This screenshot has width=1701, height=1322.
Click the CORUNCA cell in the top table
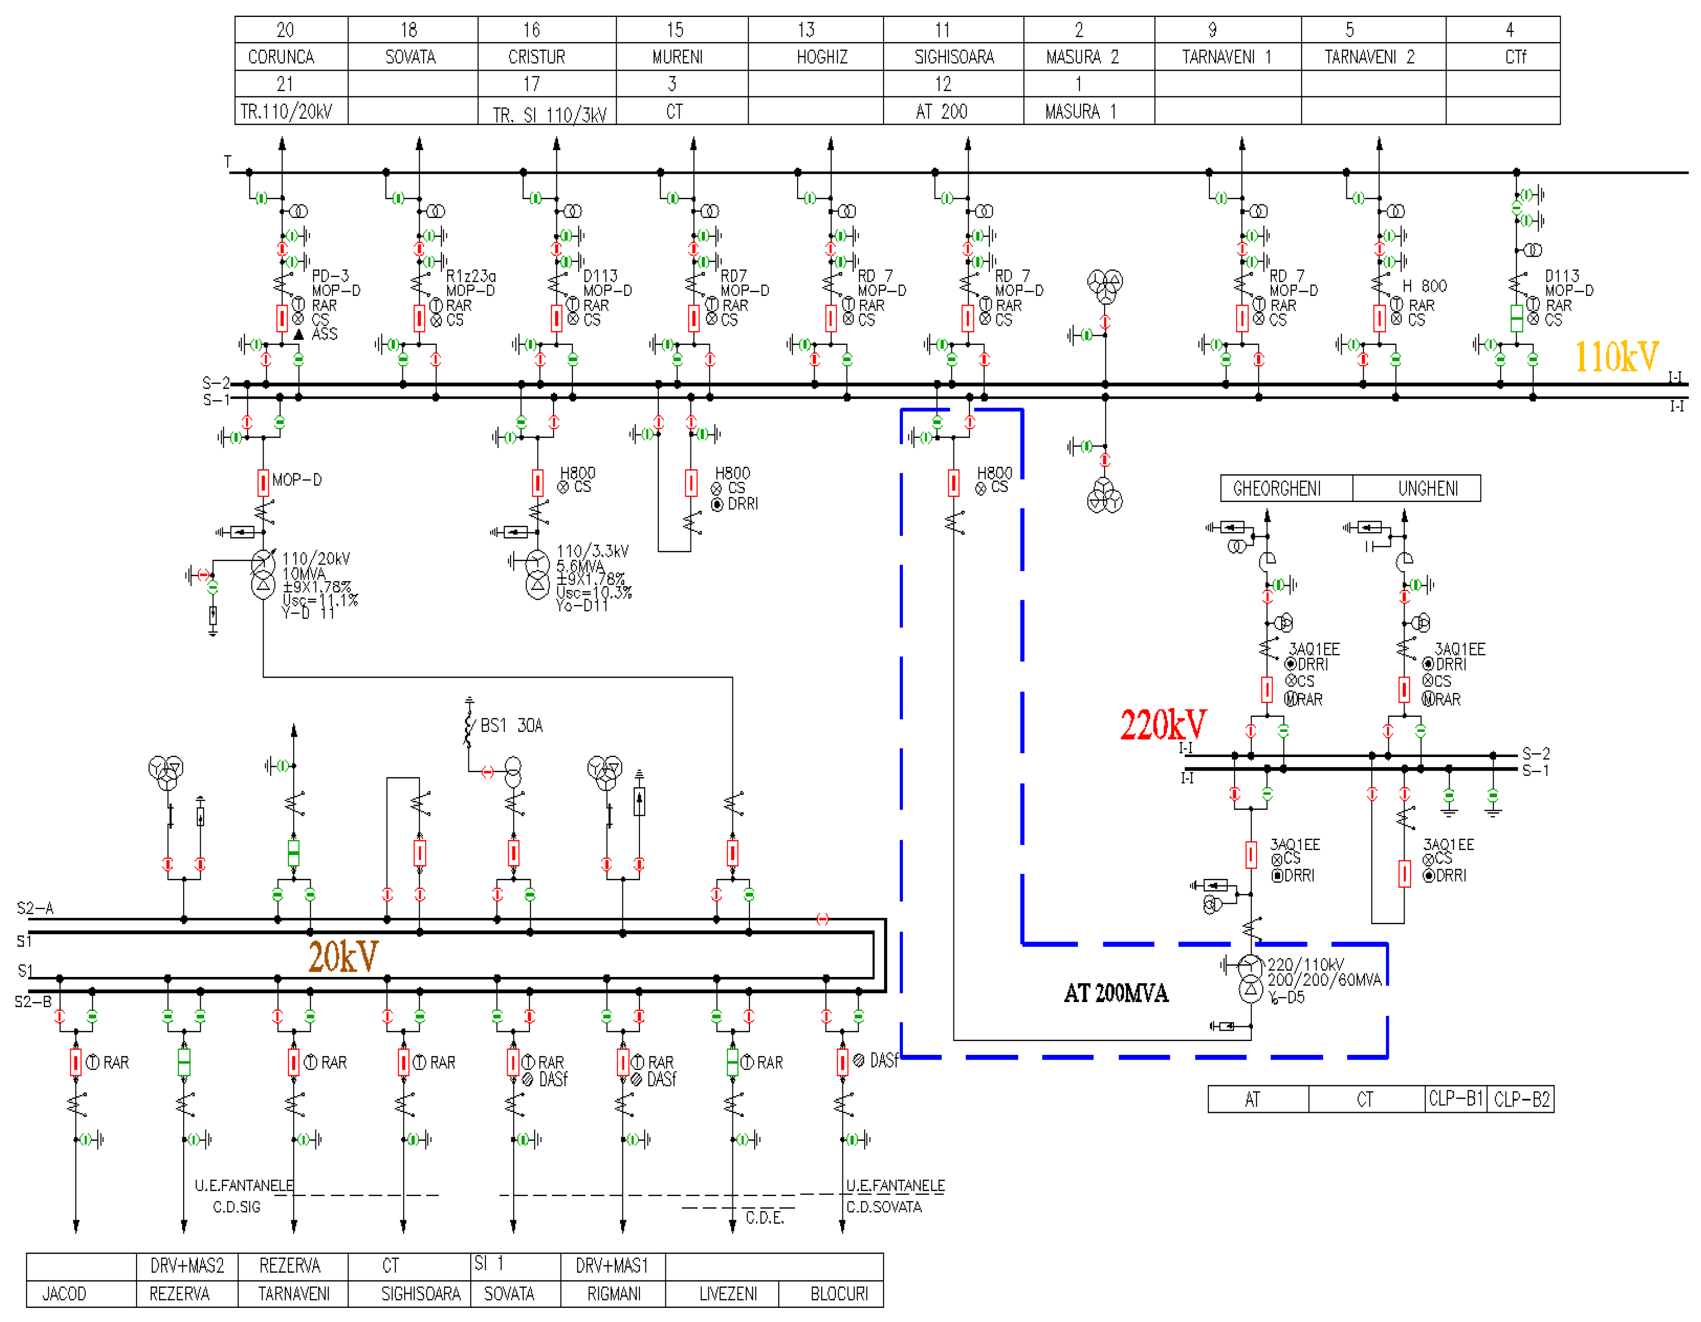pos(281,57)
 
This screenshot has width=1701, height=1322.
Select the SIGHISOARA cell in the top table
pos(953,57)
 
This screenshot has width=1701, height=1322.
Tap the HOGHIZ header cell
pos(822,57)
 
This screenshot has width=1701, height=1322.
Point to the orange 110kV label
pos(1616,357)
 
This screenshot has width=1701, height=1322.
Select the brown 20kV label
pos(343,957)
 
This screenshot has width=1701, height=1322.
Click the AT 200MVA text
pos(1115,994)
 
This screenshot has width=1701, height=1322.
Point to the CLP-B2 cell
pos(1521,1099)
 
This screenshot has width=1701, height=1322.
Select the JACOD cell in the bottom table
pos(64,1294)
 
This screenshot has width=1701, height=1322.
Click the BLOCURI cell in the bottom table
pos(839,1294)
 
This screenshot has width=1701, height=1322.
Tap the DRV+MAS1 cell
pos(612,1266)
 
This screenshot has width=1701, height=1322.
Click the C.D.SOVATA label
pos(884,1207)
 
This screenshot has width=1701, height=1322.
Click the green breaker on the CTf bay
pos(1516,318)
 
